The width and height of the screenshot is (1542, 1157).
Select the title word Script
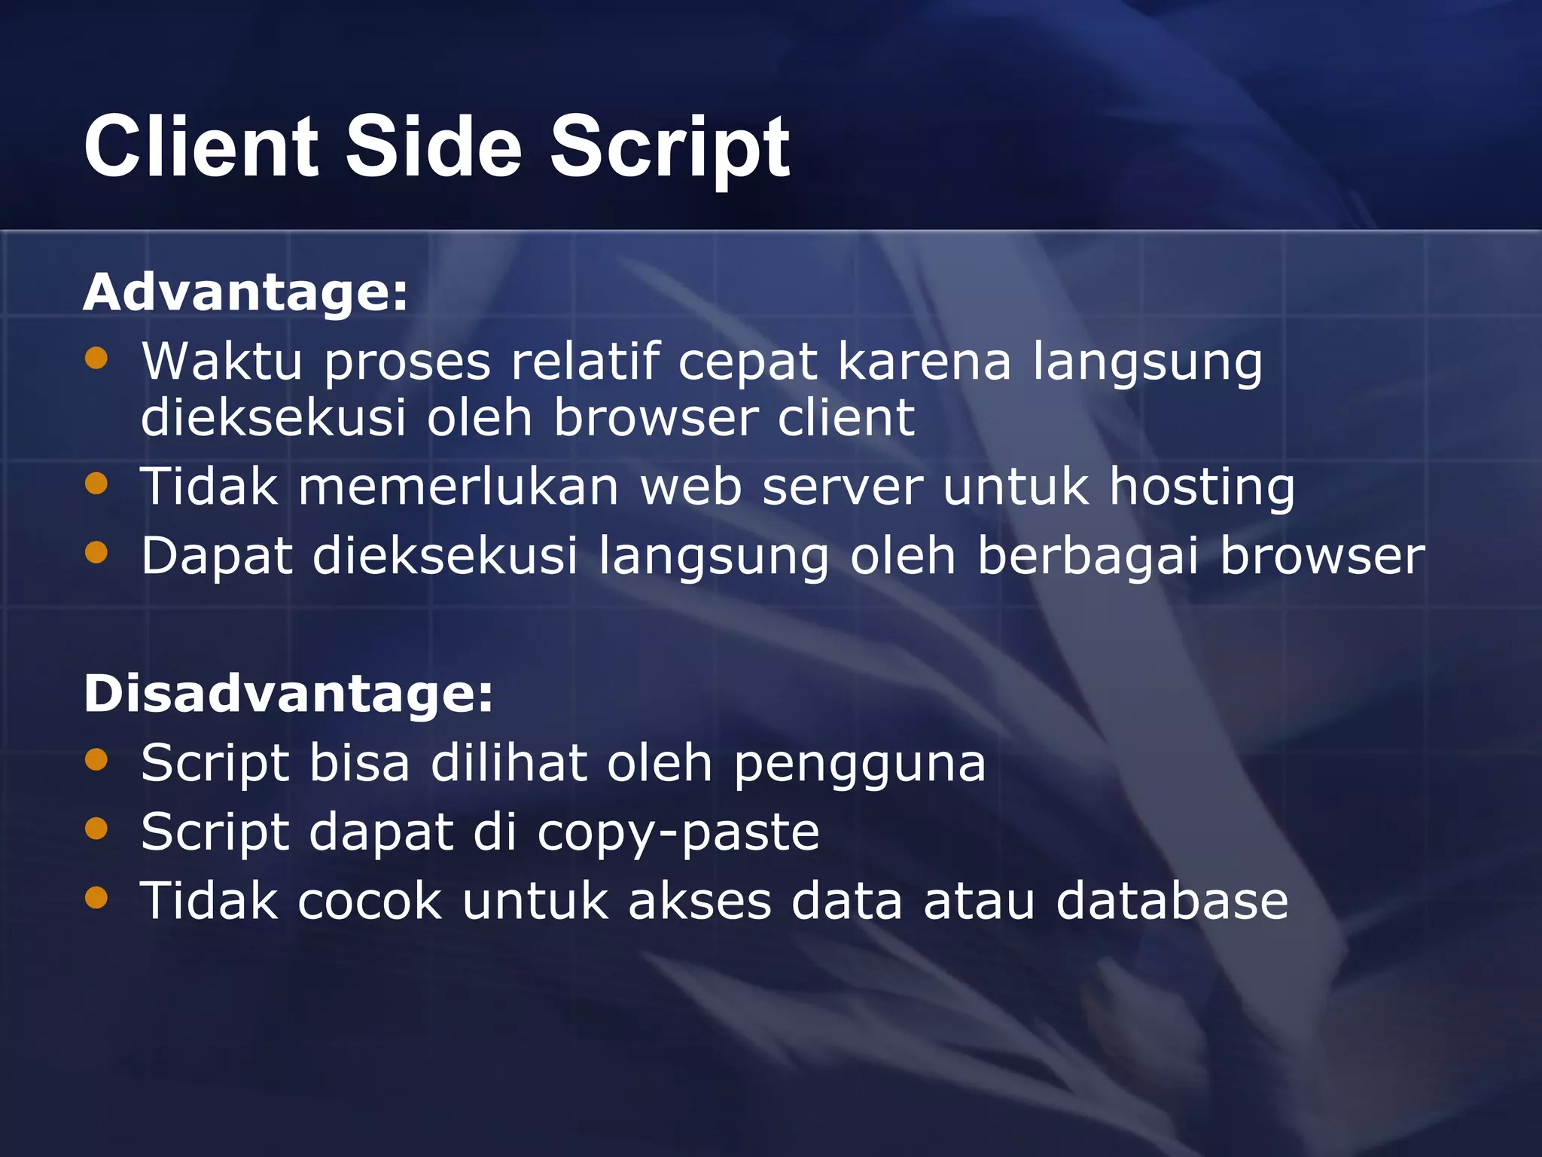tap(670, 149)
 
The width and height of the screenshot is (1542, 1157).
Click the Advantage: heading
tap(245, 292)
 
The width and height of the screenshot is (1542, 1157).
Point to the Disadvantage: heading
tap(288, 693)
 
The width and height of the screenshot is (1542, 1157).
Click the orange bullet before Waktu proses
tap(96, 358)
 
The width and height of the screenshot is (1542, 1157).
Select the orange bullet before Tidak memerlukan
tap(96, 483)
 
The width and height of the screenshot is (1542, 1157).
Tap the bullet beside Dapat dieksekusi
tap(96, 553)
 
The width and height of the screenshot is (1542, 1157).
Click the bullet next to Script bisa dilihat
tap(96, 759)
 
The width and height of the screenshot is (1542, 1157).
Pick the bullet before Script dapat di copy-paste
tap(96, 829)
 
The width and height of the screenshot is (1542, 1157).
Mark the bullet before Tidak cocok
tap(96, 897)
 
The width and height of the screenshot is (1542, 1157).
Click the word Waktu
tap(222, 361)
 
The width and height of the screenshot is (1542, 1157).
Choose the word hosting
tap(1202, 488)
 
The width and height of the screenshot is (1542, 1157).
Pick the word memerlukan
tap(459, 487)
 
